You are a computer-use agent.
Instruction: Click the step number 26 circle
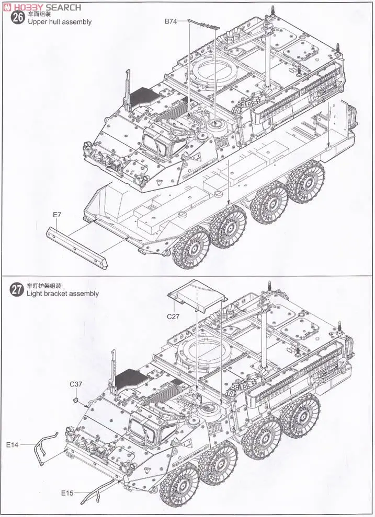(x=17, y=17)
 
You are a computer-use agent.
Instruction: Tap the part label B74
(x=171, y=21)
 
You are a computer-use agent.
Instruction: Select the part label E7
(x=57, y=215)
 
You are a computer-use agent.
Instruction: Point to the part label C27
(x=173, y=316)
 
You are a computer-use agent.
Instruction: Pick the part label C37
(x=76, y=384)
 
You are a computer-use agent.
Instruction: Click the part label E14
(x=13, y=444)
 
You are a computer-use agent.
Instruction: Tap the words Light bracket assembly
(x=63, y=293)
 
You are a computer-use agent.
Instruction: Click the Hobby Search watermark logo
(x=42, y=7)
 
